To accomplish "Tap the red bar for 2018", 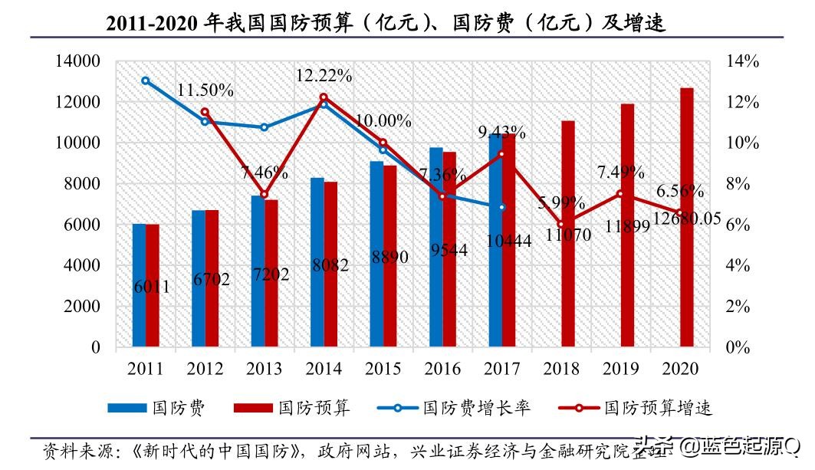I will (567, 234).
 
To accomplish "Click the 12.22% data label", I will (324, 75).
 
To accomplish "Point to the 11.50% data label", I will (205, 90).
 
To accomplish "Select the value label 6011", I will (151, 288).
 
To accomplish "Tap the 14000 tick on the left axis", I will (78, 61).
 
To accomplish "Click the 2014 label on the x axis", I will (324, 369).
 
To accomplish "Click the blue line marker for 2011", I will (146, 81).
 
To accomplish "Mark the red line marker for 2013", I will (265, 195).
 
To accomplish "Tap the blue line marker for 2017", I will (502, 208).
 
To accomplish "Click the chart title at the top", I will (386, 23).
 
